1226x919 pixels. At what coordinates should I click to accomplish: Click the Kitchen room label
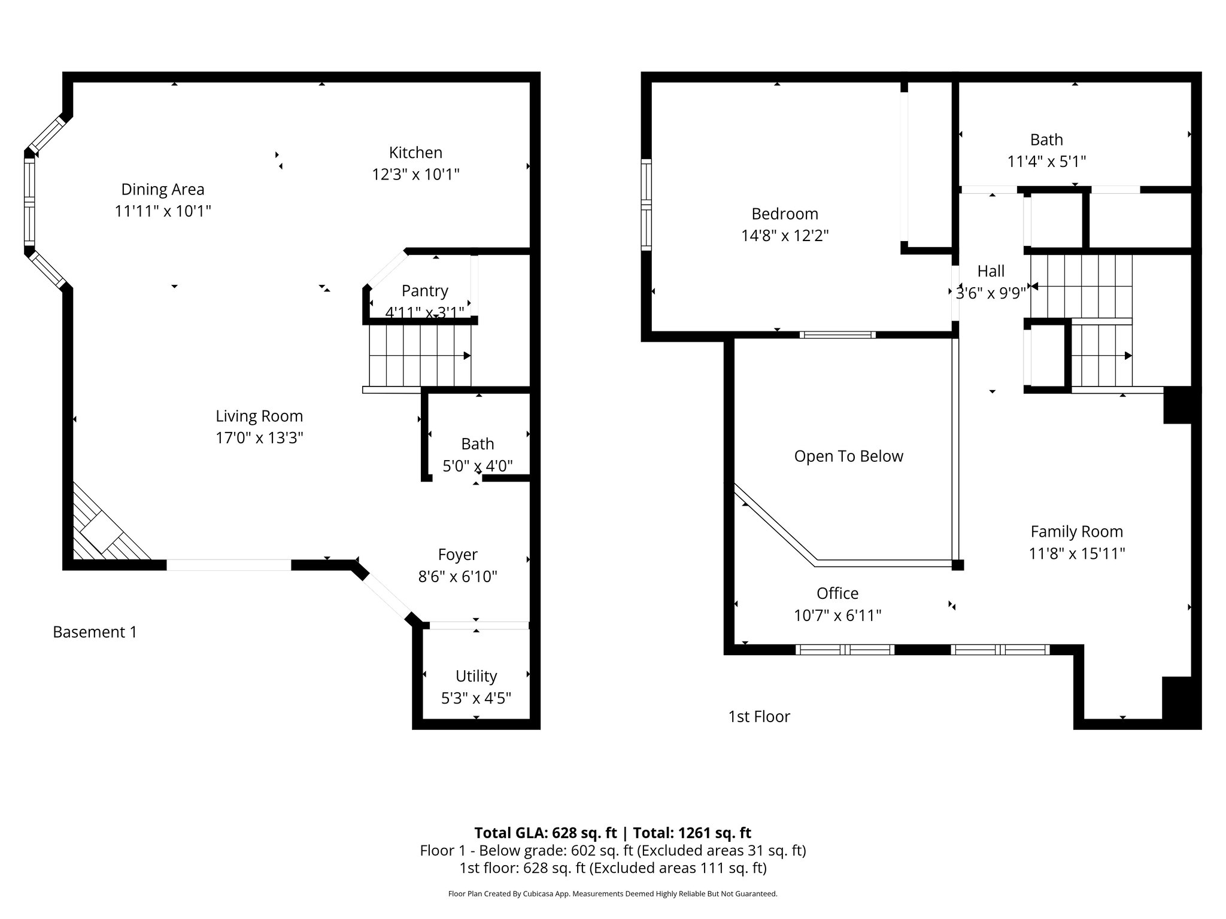tap(415, 153)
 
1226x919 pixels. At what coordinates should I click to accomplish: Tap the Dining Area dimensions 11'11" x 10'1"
tap(163, 211)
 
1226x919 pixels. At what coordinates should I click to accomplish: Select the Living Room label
tap(259, 416)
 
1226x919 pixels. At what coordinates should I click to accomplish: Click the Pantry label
tap(424, 291)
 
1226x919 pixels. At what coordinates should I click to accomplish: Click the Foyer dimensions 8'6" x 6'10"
tap(457, 577)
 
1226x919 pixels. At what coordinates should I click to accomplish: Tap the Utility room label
tap(476, 676)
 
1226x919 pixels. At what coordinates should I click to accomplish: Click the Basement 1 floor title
tap(95, 632)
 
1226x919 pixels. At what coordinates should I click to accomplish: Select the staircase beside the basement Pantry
tap(420, 356)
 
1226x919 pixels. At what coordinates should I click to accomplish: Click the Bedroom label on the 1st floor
tap(784, 214)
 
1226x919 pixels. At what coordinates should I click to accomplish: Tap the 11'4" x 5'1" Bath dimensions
tap(1046, 162)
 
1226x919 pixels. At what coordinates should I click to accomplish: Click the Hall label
tap(991, 271)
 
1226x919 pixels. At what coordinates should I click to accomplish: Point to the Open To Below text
tap(848, 456)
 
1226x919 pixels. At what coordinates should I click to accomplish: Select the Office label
tap(837, 593)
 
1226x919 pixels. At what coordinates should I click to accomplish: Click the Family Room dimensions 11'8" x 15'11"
tap(1076, 553)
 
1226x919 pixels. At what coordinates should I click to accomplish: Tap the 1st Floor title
tap(758, 716)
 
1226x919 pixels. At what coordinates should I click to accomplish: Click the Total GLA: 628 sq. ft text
tap(545, 833)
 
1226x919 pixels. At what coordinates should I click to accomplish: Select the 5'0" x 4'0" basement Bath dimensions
tap(477, 466)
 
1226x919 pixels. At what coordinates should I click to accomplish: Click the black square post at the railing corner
tap(958, 565)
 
